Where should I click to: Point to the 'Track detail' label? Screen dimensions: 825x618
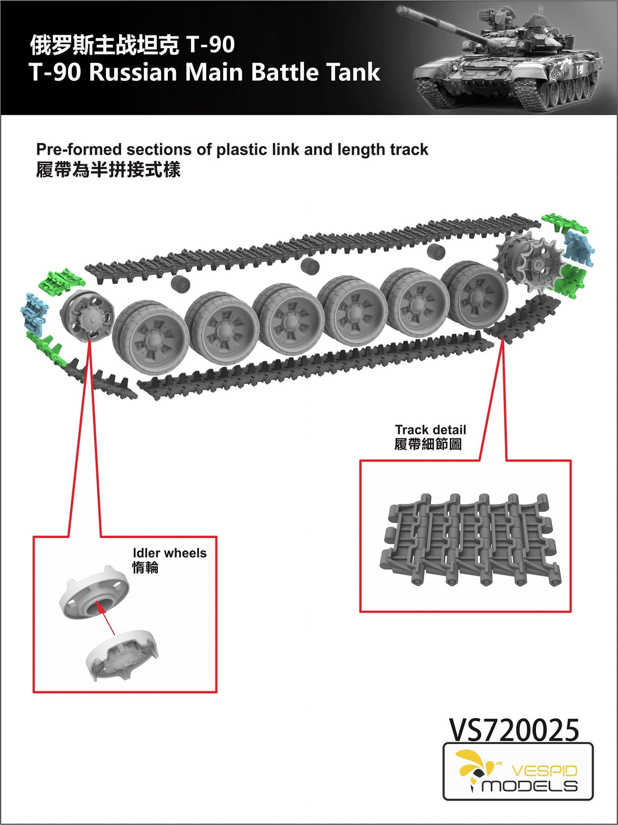430,429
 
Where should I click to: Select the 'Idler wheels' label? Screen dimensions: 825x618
169,553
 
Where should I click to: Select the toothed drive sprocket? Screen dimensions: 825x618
529,262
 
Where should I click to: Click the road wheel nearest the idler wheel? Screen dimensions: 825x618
151,338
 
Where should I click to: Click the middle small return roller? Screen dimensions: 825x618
310,266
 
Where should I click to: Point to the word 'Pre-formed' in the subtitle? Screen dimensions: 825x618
78,149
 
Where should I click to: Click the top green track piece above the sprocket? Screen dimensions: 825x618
564,223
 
